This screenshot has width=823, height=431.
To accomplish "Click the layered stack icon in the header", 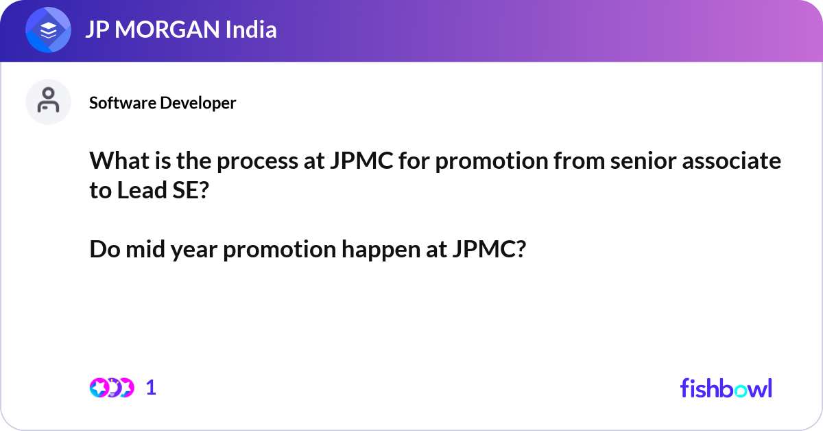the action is click(48, 30).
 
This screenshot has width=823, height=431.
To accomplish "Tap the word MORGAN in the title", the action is click(167, 30).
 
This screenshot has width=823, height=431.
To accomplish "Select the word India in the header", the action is click(251, 29).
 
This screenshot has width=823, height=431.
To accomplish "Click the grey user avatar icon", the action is click(48, 102).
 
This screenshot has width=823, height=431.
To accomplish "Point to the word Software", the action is click(122, 103).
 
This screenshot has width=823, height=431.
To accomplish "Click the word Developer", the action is click(198, 104).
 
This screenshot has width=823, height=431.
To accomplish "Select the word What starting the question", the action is click(119, 161).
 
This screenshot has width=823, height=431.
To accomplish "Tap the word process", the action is click(257, 162).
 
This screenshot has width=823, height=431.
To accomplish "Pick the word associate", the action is click(732, 161).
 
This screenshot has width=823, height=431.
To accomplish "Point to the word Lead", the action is click(142, 190).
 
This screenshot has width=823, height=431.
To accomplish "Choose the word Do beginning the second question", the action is click(105, 249).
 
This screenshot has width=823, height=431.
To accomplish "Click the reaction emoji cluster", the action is click(112, 388).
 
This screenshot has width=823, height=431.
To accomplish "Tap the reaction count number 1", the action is click(151, 388).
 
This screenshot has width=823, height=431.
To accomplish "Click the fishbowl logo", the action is click(726, 388).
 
